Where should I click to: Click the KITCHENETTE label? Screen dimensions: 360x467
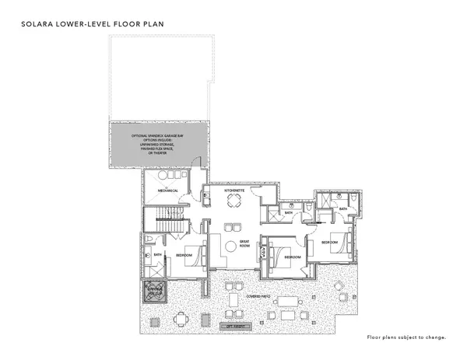click(234, 190)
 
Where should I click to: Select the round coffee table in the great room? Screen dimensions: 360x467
click(230, 246)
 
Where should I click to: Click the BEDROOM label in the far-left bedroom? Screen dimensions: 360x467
click(184, 254)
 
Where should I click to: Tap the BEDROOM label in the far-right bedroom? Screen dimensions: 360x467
click(329, 243)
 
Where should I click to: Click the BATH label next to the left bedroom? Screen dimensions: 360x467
click(157, 254)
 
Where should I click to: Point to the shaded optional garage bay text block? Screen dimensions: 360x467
click(160, 142)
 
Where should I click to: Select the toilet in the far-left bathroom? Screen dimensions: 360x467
click(149, 238)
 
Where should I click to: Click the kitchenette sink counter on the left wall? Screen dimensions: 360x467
click(206, 199)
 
